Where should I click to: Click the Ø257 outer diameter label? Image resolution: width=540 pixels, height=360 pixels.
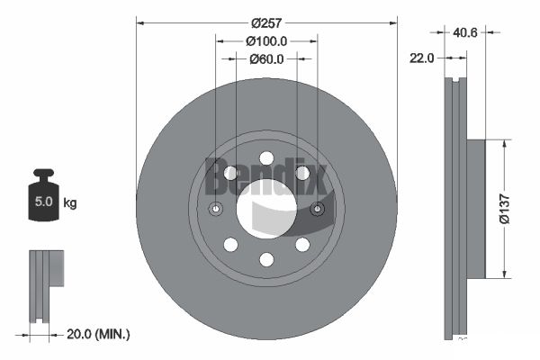coord(266,23)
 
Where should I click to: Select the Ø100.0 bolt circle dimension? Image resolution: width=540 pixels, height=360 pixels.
coord(266,41)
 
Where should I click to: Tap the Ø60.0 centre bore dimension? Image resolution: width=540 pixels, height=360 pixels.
coord(266,58)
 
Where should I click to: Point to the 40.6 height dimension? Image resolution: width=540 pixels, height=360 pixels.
coord(465,32)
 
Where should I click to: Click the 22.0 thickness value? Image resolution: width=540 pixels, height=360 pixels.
coord(421,58)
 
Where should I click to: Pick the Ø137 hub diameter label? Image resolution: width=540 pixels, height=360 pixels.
coord(505,209)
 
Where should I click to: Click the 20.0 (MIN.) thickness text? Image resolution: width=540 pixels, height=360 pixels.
coord(98,334)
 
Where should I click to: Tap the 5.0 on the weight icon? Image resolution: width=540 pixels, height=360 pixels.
coord(44,202)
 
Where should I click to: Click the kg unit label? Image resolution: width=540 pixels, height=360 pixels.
coord(70,202)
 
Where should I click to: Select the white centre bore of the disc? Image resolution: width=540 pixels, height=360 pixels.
coord(266,209)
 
